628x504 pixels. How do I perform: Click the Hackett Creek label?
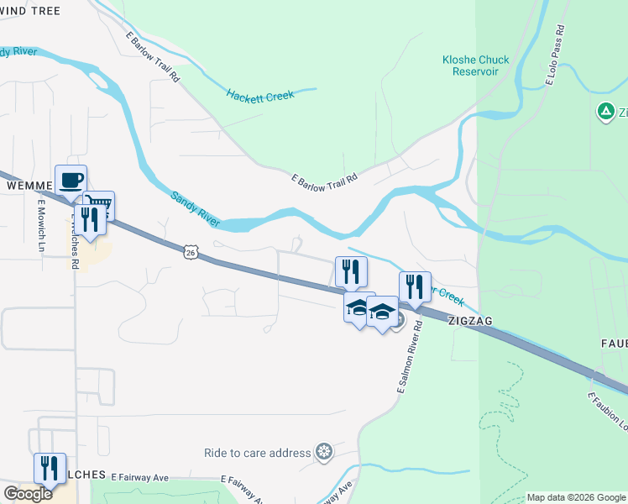[x=260, y=96]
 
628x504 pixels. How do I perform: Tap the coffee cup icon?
[x=71, y=179]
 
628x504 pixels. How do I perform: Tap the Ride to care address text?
[x=257, y=453]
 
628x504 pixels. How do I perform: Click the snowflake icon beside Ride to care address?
[x=324, y=453]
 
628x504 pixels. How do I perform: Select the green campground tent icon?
[x=604, y=111]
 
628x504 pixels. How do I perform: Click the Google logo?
[x=28, y=494]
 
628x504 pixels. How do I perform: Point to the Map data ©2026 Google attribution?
[x=577, y=497]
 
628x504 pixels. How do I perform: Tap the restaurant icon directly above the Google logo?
[x=50, y=467]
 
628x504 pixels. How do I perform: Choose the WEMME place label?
[x=24, y=185]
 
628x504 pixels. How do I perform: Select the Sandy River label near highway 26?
[x=195, y=209]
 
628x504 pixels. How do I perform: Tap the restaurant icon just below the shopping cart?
[x=90, y=219]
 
